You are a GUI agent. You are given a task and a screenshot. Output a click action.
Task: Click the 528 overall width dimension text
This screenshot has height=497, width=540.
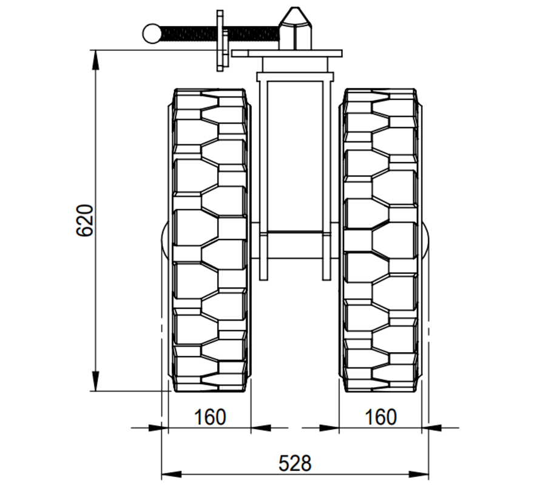coord(295,464)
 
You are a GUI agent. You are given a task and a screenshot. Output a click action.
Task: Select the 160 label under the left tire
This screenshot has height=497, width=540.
coord(209,418)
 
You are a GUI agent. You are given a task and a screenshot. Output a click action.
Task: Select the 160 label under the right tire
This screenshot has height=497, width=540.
coord(381,418)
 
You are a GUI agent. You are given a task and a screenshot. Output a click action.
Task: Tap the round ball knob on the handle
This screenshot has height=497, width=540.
coord(152,33)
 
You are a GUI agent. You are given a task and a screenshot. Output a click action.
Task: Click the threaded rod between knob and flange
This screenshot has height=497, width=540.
coord(188,33)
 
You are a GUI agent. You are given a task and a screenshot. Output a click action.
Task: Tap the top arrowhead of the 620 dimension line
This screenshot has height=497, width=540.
coord(96,58)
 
